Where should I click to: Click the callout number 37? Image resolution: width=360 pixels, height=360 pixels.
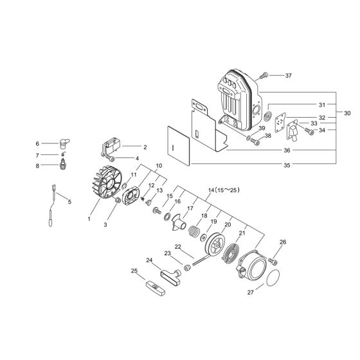point(288,76)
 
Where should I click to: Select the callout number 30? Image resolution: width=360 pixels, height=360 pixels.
point(347,113)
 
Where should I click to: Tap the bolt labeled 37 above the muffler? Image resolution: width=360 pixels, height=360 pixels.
point(264,76)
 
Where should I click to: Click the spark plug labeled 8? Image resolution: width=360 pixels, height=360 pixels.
point(64,166)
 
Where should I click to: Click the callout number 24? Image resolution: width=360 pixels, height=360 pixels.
point(149,260)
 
